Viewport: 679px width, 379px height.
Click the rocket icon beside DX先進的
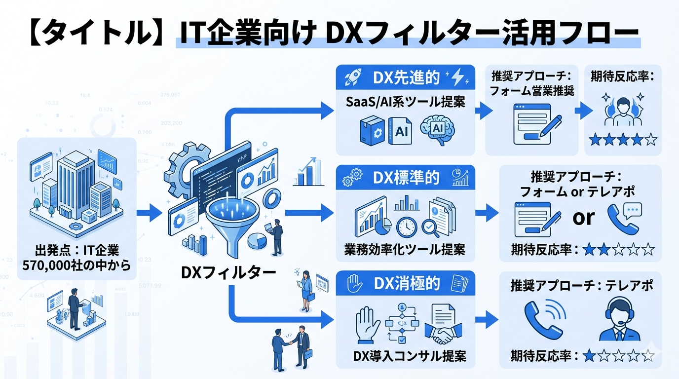coord(354,77)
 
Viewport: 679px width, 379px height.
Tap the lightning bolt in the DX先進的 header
coord(458,77)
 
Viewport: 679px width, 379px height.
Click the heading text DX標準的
coord(406,177)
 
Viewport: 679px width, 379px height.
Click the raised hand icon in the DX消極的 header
coord(354,283)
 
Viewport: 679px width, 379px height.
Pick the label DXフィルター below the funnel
coord(228,271)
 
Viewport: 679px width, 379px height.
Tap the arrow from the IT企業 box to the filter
coord(149,213)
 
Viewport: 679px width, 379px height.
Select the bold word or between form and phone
coord(583,217)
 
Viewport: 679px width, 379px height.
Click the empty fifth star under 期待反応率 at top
coord(651,140)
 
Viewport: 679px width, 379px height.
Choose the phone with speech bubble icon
coord(623,218)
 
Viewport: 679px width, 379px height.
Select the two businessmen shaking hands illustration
coord(292,345)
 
